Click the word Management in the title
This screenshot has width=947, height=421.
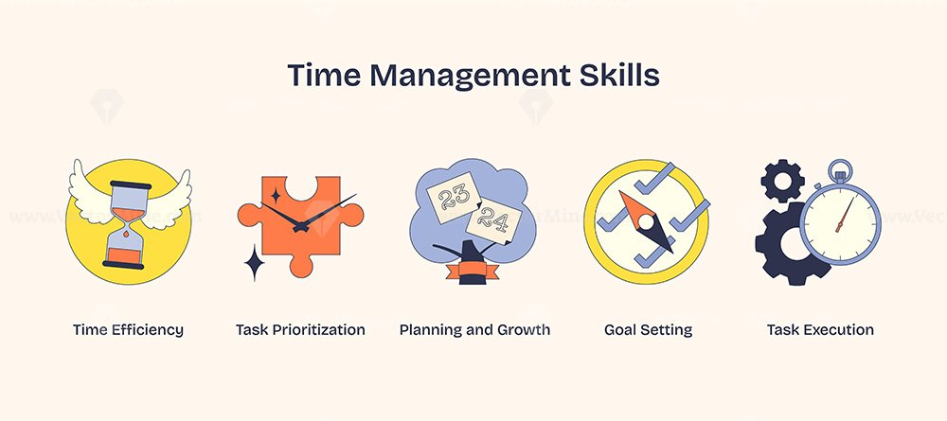[x=469, y=76]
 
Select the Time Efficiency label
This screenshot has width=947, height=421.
[x=128, y=330]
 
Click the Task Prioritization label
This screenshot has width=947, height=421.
[x=300, y=330]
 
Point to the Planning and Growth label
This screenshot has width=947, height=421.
[x=474, y=330]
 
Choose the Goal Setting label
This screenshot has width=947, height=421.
[x=648, y=330]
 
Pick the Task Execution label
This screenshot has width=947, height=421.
[x=820, y=330]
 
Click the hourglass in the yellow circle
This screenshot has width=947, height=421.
[x=127, y=224]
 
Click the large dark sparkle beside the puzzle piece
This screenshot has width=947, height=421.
[x=254, y=263]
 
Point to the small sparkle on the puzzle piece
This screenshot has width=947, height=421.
[x=276, y=196]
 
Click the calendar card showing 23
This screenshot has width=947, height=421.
[x=453, y=198]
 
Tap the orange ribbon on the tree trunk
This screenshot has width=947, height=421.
[x=472, y=271]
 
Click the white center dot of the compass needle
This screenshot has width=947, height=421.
[x=646, y=222]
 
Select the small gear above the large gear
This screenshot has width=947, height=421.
[x=782, y=181]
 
